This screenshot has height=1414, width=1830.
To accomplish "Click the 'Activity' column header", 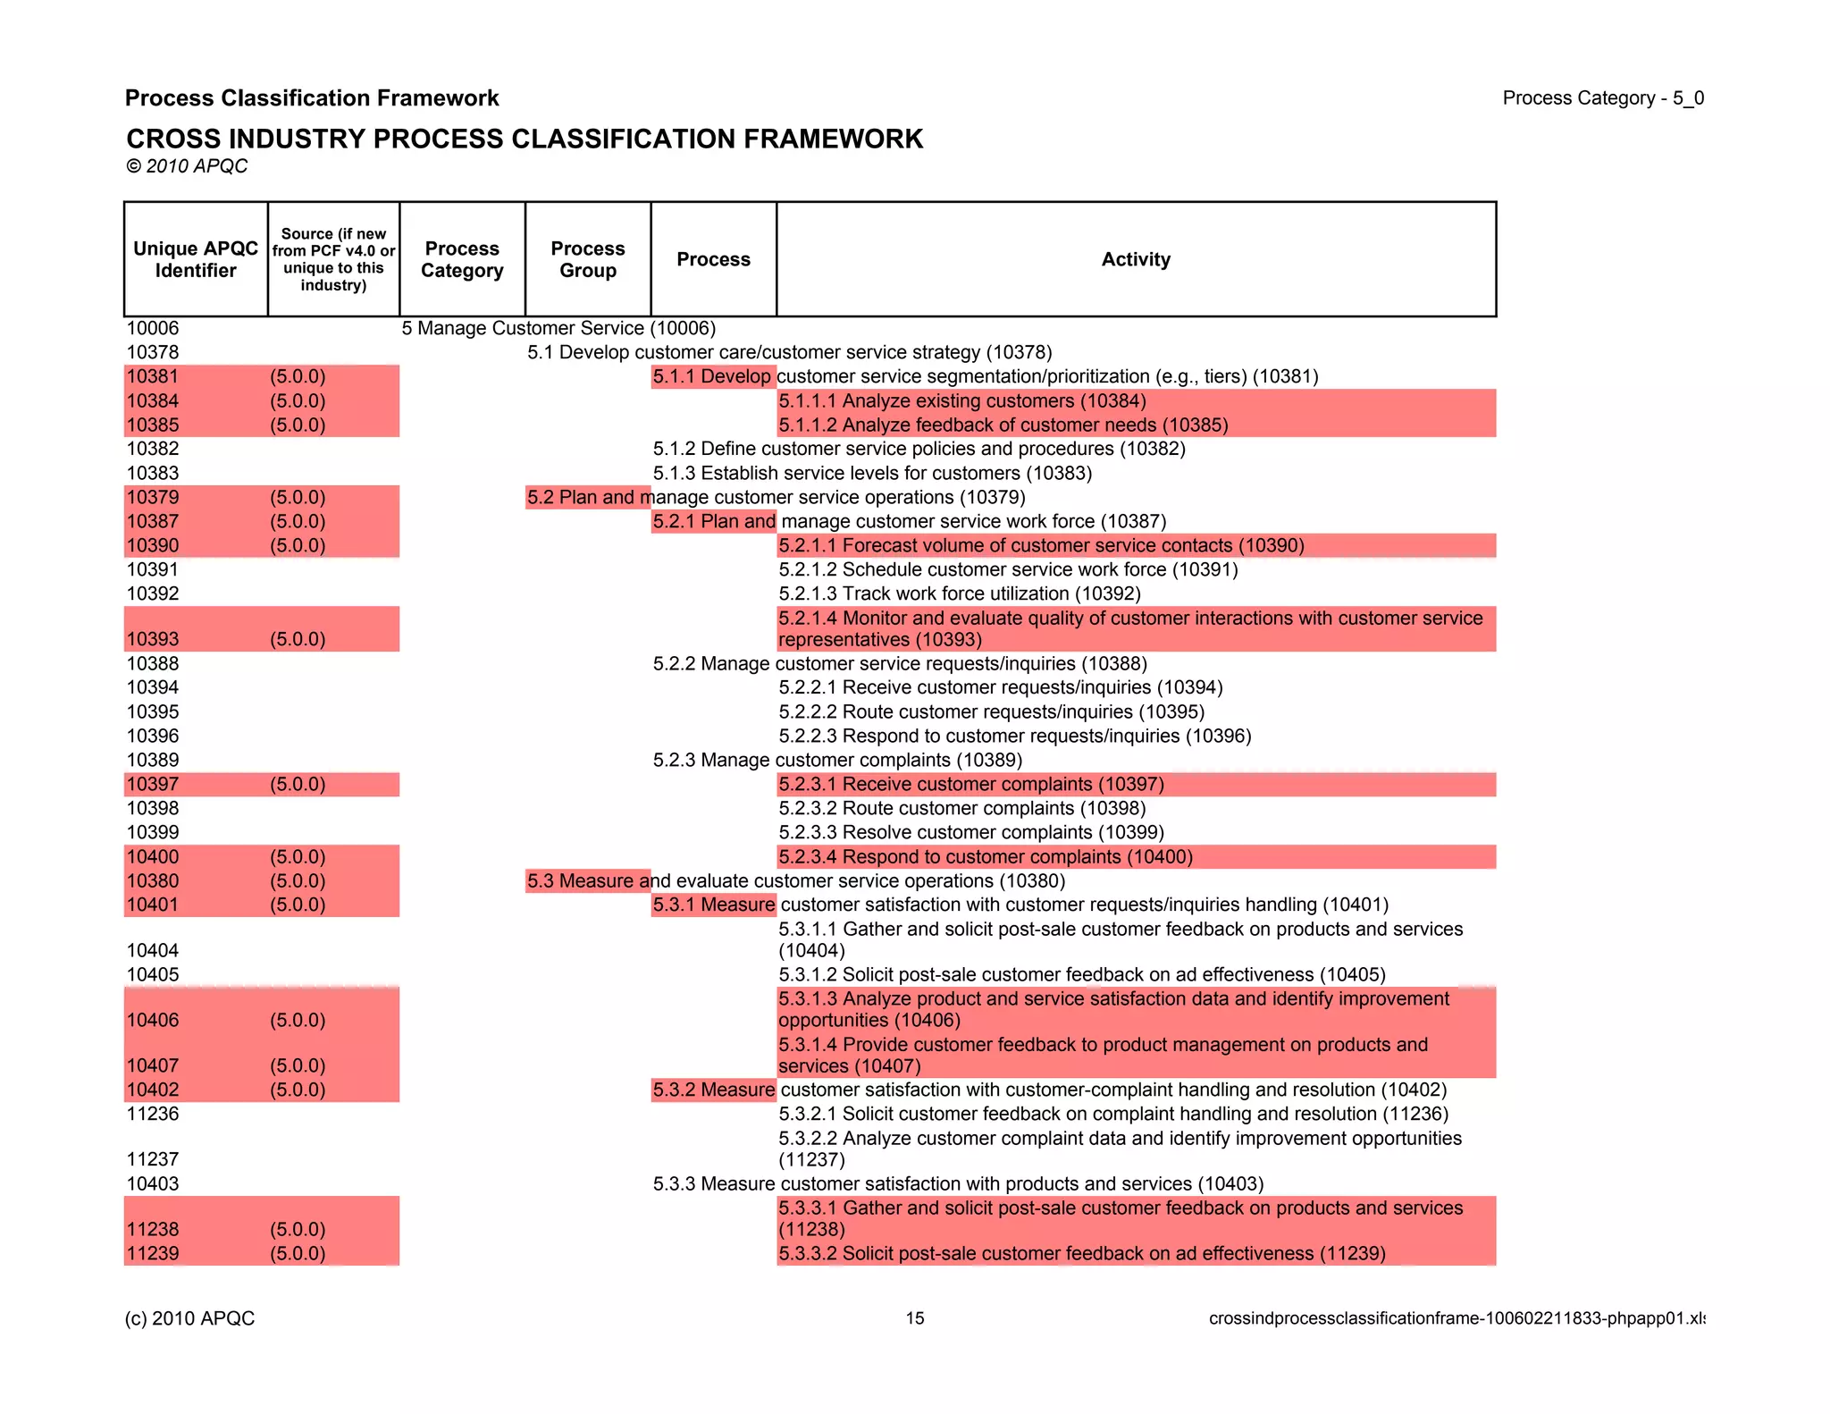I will (1135, 259).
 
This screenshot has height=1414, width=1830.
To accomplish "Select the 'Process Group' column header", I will (587, 259).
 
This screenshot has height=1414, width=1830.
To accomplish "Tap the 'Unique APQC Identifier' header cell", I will (196, 259).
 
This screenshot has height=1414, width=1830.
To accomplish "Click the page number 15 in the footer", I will (915, 1318).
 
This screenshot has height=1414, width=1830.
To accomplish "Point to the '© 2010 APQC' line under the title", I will (187, 166).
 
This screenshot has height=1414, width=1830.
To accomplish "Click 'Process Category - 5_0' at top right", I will (1603, 98).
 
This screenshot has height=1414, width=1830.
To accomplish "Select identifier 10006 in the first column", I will (153, 328).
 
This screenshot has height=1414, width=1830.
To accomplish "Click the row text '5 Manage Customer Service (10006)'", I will (558, 328).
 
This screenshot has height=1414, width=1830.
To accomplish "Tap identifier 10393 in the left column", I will (153, 639).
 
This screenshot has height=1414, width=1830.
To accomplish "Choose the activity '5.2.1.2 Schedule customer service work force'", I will (1008, 569).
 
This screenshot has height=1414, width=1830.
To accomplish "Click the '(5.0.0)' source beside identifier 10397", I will (298, 784).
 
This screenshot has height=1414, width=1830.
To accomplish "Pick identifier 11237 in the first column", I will (153, 1159).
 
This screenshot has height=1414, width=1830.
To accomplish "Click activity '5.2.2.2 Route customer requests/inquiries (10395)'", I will (991, 711).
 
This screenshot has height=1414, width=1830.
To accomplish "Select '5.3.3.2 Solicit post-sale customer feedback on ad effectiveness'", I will (1081, 1253).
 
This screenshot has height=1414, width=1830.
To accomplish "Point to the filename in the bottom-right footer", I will (1456, 1318).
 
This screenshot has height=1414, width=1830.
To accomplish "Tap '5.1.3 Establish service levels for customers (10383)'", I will (872, 473).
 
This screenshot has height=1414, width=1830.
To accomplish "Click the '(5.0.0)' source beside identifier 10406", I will (298, 1020).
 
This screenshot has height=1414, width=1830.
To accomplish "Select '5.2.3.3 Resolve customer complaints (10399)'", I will (970, 832).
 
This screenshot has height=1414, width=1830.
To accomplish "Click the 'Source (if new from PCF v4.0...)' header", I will (333, 259).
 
